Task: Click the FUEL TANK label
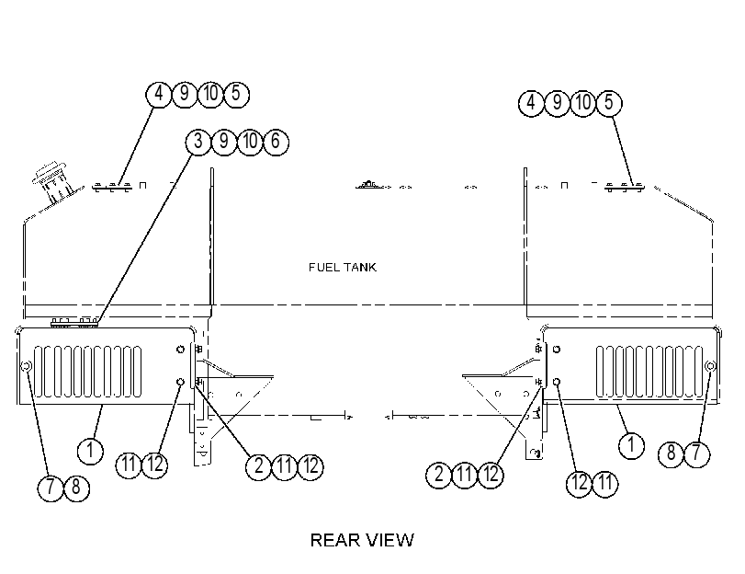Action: click(342, 267)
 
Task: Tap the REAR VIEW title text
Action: click(362, 540)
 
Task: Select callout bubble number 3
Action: click(198, 142)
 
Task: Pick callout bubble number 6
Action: click(276, 142)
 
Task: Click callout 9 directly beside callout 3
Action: click(224, 142)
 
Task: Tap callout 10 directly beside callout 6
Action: click(250, 142)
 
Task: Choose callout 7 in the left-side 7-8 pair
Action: click(51, 488)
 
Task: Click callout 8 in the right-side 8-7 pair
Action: click(671, 453)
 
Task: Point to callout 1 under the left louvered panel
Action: click(90, 450)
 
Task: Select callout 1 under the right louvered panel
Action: click(631, 446)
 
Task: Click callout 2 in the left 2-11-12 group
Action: click(258, 466)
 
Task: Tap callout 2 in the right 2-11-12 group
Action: click(438, 475)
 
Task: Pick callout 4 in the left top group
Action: click(159, 94)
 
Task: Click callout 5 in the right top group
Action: click(609, 103)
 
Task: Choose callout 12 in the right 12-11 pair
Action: click(579, 484)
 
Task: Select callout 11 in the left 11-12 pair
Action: click(129, 465)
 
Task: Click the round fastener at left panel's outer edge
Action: click(27, 366)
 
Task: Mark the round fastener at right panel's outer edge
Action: click(710, 365)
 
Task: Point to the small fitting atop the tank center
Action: click(367, 185)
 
